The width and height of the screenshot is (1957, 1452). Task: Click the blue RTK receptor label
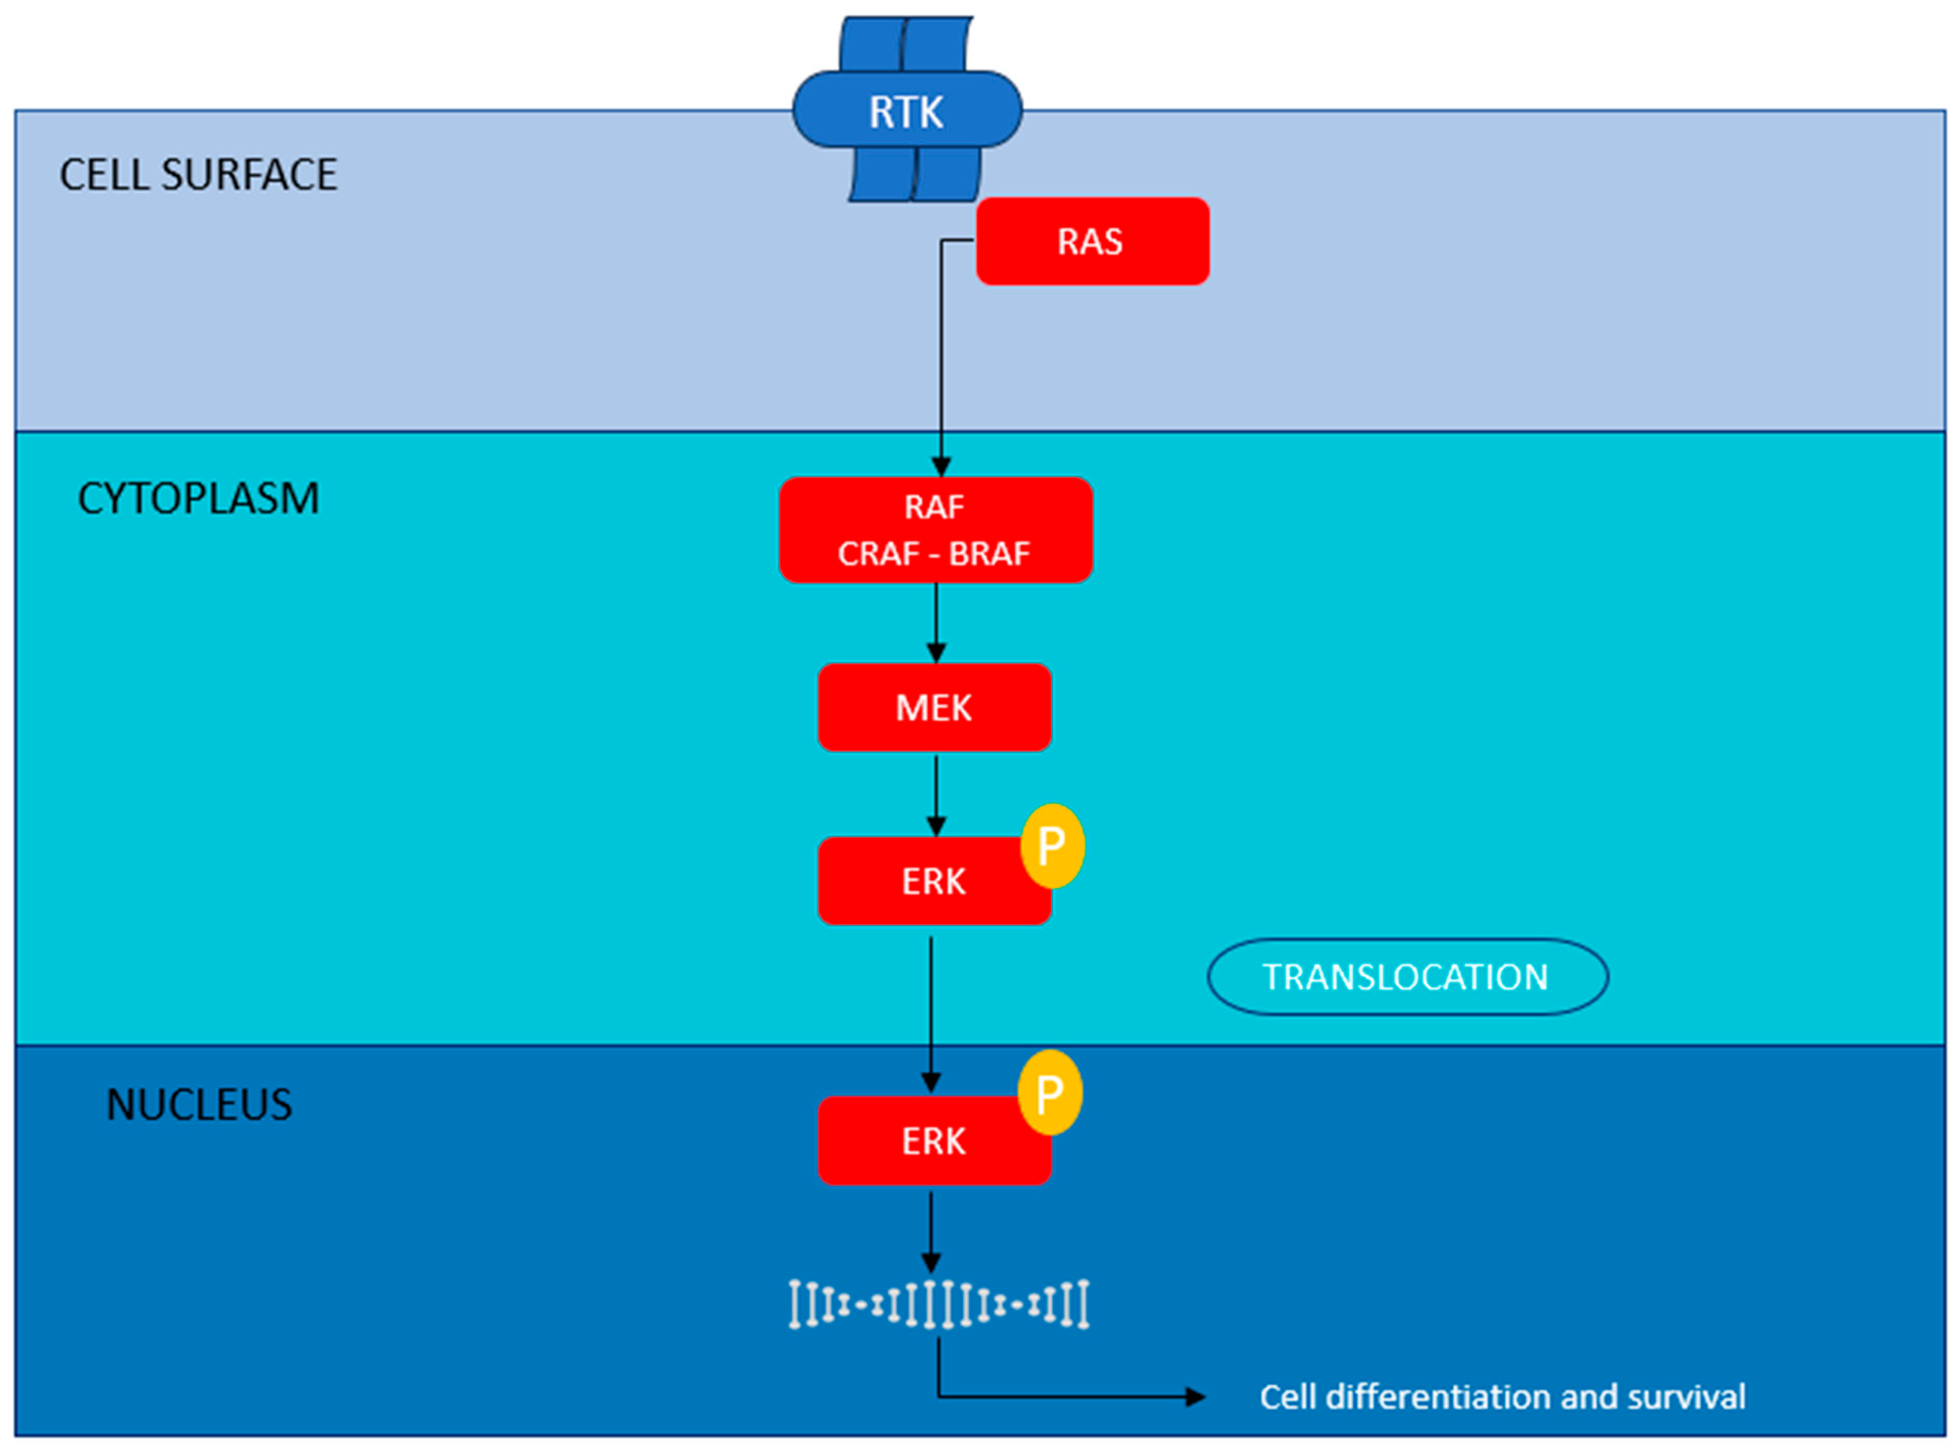coord(906,111)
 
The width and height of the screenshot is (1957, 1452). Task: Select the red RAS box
coord(1092,241)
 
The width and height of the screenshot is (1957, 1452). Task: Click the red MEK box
coord(934,708)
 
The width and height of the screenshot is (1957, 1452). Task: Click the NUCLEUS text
coord(199,1105)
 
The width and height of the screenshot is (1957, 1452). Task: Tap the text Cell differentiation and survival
coord(1502,1397)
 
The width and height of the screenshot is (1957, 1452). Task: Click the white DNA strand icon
coord(938,1304)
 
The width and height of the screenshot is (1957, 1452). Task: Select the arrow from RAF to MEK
coord(936,622)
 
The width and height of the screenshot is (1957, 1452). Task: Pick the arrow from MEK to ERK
coord(936,794)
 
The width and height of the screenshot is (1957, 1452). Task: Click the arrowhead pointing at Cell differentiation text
coord(1194,1397)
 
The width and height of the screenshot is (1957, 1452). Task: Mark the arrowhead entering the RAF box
coord(941,466)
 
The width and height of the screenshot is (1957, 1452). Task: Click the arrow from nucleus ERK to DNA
coord(931,1231)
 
